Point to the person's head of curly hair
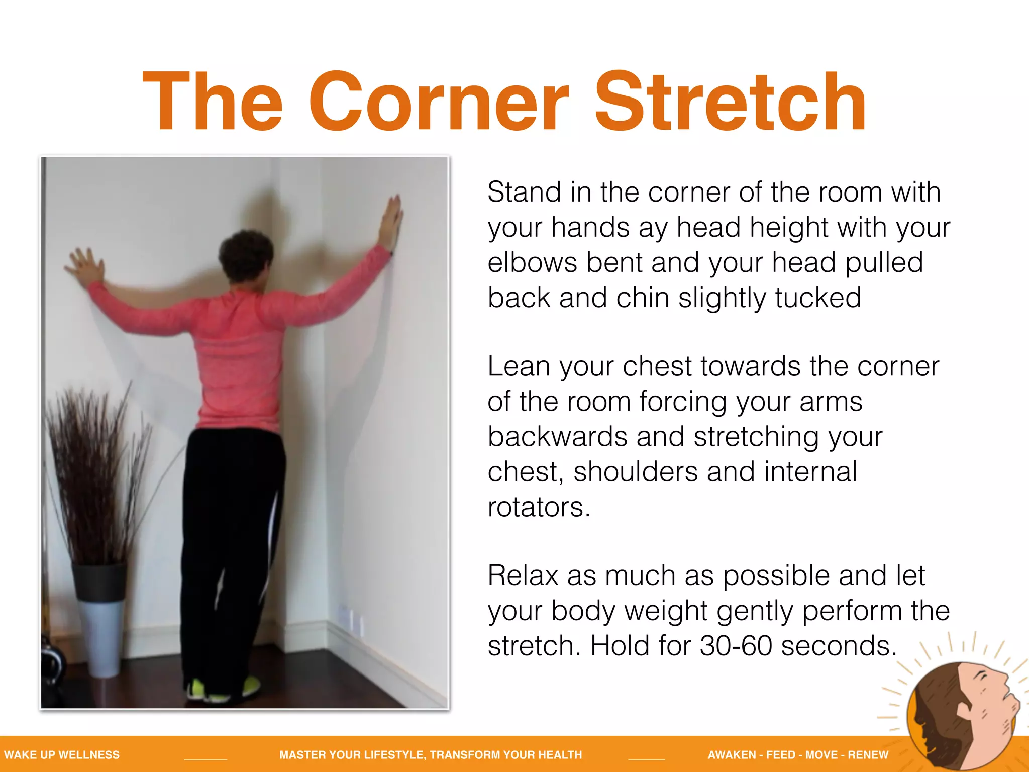pos(246,256)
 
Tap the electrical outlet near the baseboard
pos(352,621)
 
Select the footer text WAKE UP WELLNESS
pos(62,755)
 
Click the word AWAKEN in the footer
pos(732,755)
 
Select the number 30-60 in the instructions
pos(736,646)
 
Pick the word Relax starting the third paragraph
pos(523,575)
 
